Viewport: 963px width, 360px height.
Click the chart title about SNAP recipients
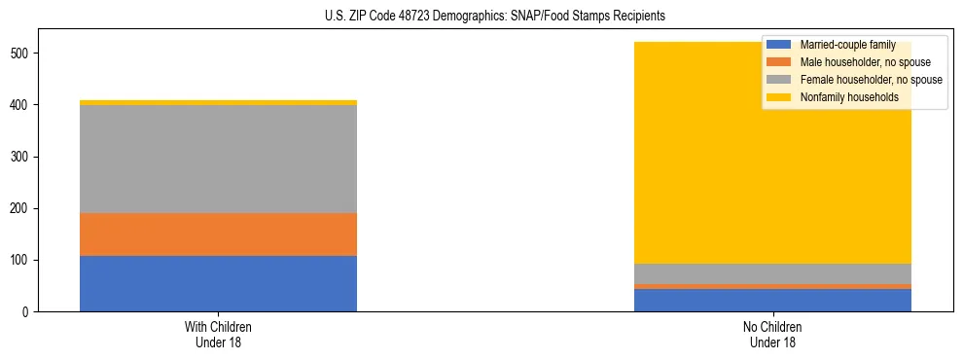pyautogui.click(x=481, y=17)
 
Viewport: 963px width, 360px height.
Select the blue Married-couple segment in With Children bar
pyautogui.click(x=218, y=283)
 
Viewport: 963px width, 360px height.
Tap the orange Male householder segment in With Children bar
pyautogui.click(x=218, y=234)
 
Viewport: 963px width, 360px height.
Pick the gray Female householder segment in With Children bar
pyautogui.click(x=218, y=159)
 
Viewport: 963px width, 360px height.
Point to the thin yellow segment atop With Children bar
pyautogui.click(x=218, y=102)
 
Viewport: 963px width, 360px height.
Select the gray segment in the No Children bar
pyautogui.click(x=772, y=273)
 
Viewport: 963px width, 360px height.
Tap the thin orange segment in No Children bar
pyautogui.click(x=772, y=286)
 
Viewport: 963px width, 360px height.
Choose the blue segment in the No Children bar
pyautogui.click(x=772, y=300)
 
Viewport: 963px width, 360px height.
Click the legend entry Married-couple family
pyautogui.click(x=847, y=45)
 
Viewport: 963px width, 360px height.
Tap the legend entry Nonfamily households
pyautogui.click(x=848, y=97)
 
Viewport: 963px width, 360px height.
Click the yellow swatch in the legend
pyautogui.click(x=779, y=97)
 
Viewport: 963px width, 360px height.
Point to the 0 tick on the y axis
pyautogui.click(x=28, y=312)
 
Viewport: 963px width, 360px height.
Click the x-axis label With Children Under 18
pyautogui.click(x=218, y=334)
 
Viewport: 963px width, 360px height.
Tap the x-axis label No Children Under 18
pyautogui.click(x=772, y=334)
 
